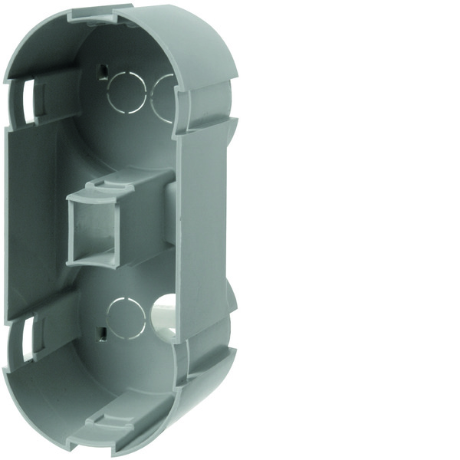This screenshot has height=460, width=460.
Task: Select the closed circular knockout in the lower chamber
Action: point(126,317)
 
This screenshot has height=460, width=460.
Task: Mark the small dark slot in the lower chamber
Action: point(101,333)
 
